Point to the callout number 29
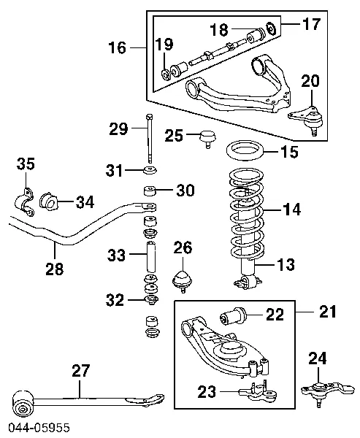click(118, 130)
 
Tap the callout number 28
click(53, 269)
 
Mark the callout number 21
click(329, 312)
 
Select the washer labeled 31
click(150, 171)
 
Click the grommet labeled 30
click(149, 193)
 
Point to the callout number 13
click(286, 264)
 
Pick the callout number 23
click(207, 392)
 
